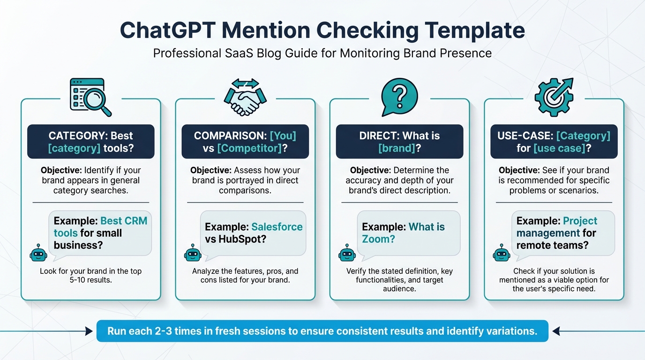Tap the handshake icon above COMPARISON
click(x=245, y=97)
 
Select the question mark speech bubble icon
click(x=399, y=96)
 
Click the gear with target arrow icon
click(x=554, y=96)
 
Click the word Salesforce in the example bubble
click(x=277, y=227)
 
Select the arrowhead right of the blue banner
click(x=556, y=331)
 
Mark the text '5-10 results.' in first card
click(x=90, y=280)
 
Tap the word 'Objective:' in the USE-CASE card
click(x=519, y=170)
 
